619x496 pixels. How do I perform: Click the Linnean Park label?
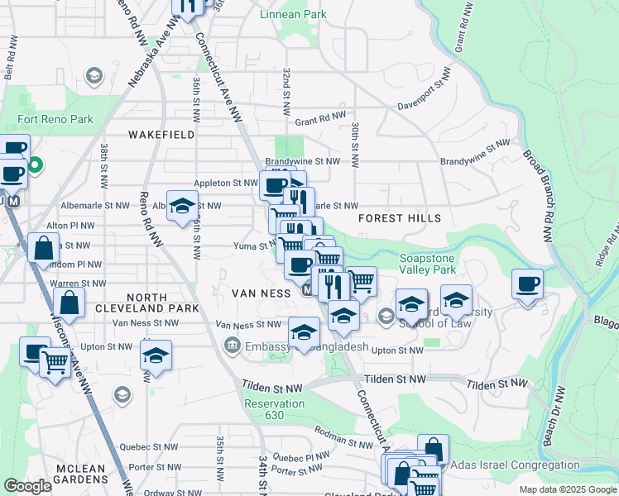tap(293, 14)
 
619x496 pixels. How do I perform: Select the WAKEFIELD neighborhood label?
tap(162, 134)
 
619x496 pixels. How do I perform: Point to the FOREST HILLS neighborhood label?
tap(400, 218)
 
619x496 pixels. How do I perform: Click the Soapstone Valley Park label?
tap(428, 263)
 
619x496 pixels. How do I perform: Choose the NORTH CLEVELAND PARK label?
tap(164, 302)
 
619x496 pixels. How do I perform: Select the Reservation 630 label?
tap(275, 410)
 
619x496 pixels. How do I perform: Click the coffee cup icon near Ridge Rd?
tap(527, 285)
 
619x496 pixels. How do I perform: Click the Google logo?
tap(28, 485)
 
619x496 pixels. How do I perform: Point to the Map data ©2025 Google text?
tap(568, 489)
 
